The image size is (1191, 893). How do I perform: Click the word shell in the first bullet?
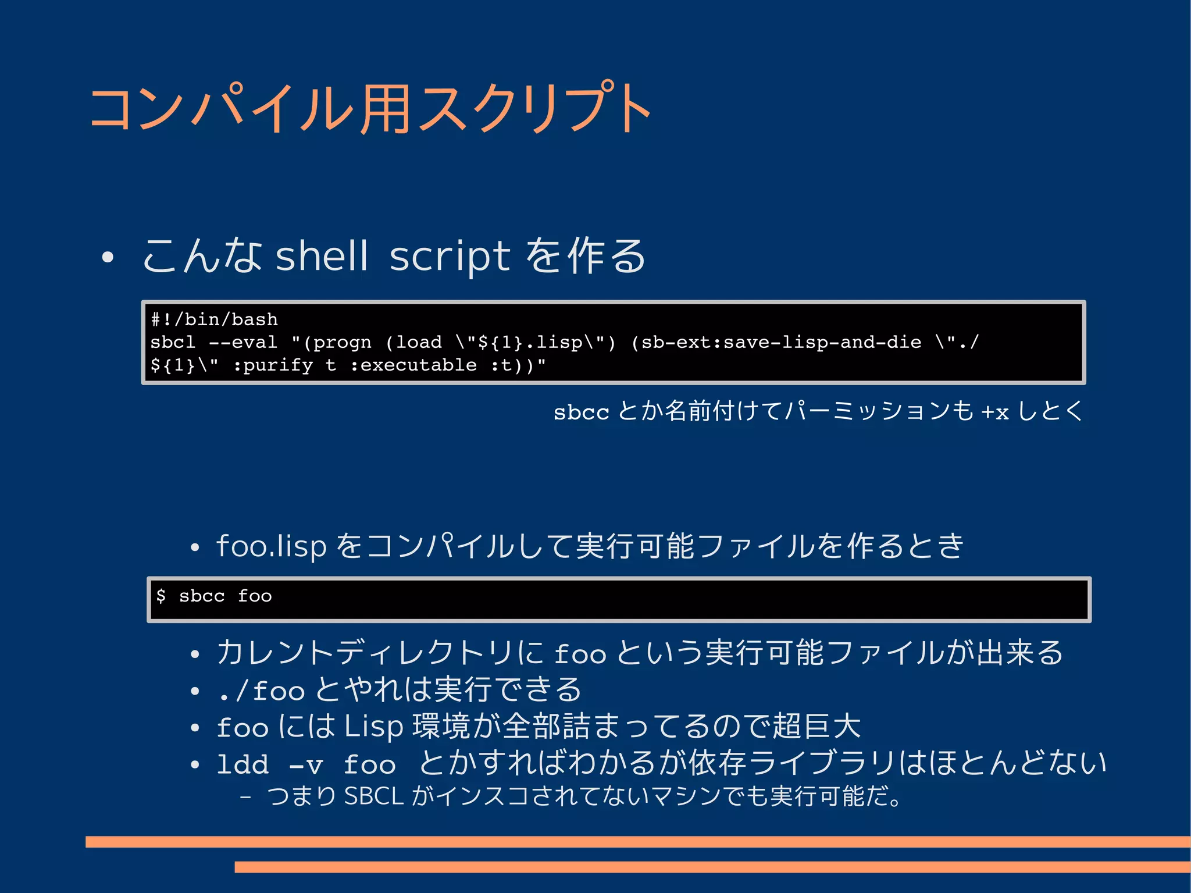point(322,256)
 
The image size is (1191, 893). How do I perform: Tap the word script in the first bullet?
point(450,256)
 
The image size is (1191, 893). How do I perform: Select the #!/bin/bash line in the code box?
point(215,319)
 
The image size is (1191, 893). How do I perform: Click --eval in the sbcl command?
point(243,342)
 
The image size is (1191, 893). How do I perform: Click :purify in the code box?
point(273,365)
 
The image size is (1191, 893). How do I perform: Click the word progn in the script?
point(342,343)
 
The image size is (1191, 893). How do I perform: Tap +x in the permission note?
point(994,412)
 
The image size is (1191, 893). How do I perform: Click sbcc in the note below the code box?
point(580,412)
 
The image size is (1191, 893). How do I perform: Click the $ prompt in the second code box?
point(161,596)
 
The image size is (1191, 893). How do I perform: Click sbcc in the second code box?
point(201,596)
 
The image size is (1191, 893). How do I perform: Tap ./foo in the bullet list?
point(261,691)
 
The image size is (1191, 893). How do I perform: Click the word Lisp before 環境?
point(373,727)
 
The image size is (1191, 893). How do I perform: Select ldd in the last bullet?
point(243,764)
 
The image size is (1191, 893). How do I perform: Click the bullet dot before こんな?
point(107,257)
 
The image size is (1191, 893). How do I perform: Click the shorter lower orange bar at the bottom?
point(712,867)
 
